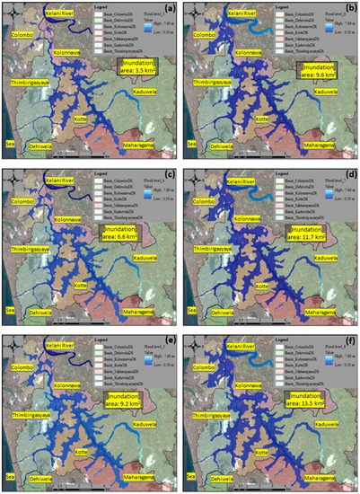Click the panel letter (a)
click(x=165, y=12)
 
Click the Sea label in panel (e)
click(x=8, y=473)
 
